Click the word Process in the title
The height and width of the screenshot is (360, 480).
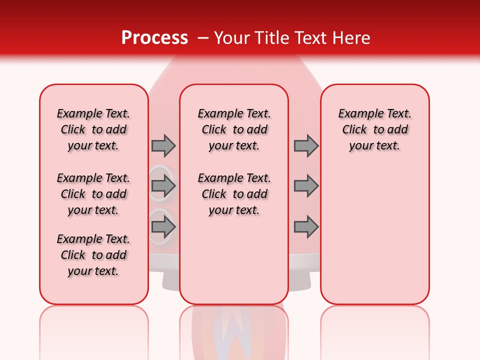click(154, 37)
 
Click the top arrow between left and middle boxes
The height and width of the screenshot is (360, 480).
click(163, 146)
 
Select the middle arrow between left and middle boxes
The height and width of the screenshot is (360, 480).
click(163, 186)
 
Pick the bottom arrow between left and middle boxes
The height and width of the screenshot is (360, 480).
click(163, 227)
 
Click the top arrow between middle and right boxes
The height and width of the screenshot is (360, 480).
click(306, 146)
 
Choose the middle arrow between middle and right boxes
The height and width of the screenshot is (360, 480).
click(306, 186)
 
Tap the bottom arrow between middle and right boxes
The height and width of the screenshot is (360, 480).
click(306, 227)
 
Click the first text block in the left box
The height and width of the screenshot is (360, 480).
click(93, 129)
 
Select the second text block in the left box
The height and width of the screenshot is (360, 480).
click(93, 194)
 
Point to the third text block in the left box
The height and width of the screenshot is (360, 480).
click(93, 255)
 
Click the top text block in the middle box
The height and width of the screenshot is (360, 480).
click(234, 129)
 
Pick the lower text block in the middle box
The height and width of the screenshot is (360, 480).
click(234, 194)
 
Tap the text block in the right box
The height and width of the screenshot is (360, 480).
click(374, 129)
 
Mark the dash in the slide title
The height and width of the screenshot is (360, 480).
click(202, 38)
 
